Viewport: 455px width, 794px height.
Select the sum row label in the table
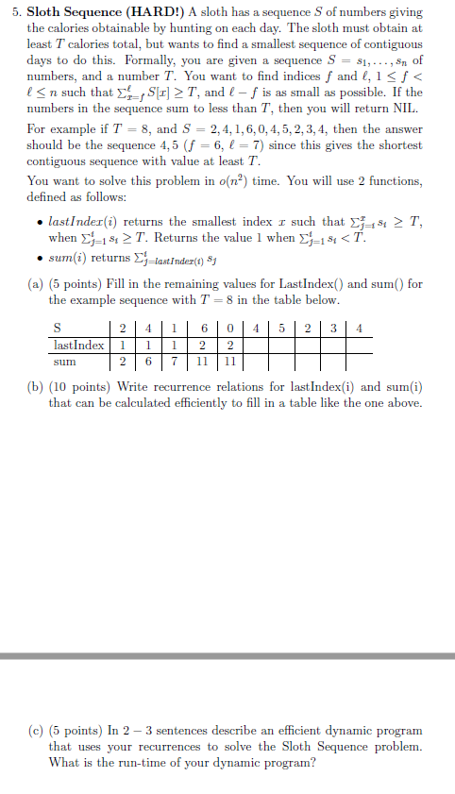(x=65, y=360)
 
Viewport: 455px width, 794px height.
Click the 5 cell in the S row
(x=280, y=329)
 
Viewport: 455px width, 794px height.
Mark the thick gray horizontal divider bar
(x=227, y=655)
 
